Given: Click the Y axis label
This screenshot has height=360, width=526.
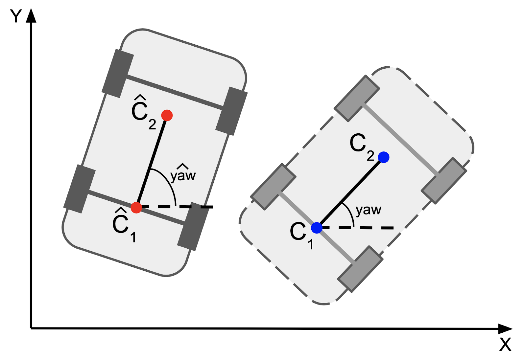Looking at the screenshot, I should [16, 16].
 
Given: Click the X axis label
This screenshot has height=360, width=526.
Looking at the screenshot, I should [505, 344].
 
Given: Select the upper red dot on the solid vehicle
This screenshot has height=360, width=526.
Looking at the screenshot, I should [167, 115].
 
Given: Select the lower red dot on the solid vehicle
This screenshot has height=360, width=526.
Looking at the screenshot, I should [136, 208].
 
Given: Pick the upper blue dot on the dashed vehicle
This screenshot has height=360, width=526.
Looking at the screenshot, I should [384, 157].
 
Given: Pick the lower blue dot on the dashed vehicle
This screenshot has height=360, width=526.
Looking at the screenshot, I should [317, 228].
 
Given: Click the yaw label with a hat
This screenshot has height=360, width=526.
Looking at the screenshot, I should [183, 174].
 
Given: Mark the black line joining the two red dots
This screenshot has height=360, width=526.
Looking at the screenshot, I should [152, 161].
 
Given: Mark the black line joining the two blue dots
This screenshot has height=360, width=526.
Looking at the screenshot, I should [350, 192].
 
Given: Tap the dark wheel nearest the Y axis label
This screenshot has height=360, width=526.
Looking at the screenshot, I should [117, 74].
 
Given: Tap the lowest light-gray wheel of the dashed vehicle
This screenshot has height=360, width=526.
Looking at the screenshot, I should [360, 269].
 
